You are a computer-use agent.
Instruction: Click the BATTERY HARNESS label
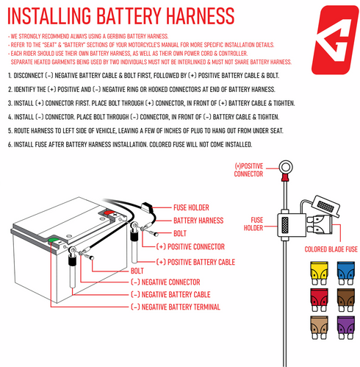[x=198, y=220]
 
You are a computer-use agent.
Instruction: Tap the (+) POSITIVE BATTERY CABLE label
[x=195, y=262]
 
